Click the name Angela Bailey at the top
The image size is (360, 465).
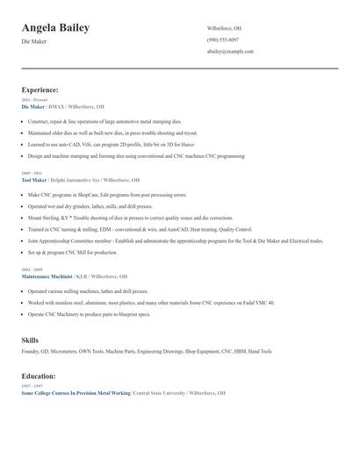(x=55, y=28)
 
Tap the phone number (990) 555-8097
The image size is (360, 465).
(x=224, y=40)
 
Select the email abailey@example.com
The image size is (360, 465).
(x=231, y=52)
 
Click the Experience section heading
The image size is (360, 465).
(x=40, y=89)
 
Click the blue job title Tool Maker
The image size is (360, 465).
(x=33, y=178)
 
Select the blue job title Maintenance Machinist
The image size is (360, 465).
(x=47, y=275)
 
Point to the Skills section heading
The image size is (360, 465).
(x=30, y=339)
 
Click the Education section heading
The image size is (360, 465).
(x=39, y=376)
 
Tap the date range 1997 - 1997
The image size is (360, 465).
(x=31, y=386)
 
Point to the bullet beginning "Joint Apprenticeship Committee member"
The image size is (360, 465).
(x=176, y=240)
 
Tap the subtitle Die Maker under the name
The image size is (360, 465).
(x=34, y=41)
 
